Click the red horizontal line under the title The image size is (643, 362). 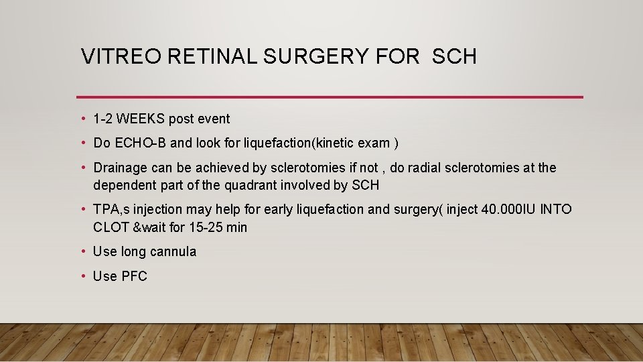point(330,97)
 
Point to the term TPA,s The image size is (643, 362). point(111,209)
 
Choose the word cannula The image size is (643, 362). point(174,252)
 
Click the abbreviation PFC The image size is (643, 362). point(134,276)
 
